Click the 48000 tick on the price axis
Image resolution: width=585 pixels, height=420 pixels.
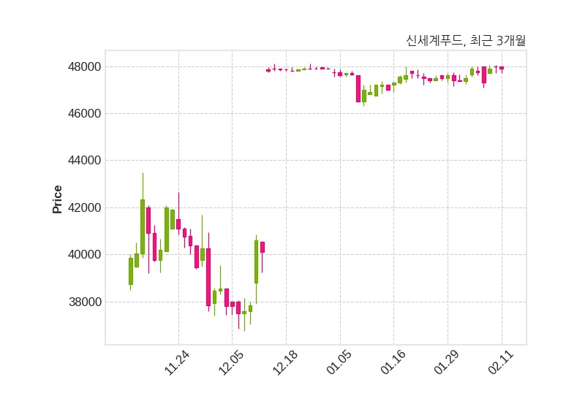tap(81, 67)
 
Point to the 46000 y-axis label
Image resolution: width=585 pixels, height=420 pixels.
tap(81, 114)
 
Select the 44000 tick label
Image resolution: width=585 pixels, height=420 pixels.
tap(81, 161)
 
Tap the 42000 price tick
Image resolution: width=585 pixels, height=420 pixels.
tap(81, 208)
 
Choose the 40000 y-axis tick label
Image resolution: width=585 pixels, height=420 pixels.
tap(81, 255)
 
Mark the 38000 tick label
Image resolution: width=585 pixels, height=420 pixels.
tap(81, 302)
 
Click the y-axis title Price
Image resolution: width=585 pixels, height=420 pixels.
tap(58, 199)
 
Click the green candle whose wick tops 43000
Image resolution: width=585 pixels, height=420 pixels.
tap(143, 226)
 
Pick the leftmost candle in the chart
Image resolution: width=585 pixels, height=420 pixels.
tap(131, 271)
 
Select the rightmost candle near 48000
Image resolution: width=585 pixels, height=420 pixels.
tap(502, 68)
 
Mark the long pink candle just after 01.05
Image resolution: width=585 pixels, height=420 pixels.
tap(358, 88)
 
